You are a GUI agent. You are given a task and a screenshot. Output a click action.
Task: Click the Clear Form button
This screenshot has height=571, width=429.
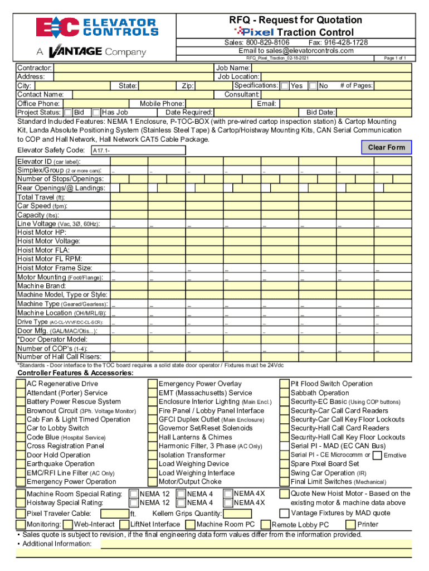387,147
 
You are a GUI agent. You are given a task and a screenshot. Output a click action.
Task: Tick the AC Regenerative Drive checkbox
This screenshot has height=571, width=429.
21,384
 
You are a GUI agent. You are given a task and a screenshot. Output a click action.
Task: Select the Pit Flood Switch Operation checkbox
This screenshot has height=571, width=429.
285,384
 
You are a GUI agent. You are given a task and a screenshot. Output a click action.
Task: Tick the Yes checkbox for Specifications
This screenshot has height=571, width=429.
285,86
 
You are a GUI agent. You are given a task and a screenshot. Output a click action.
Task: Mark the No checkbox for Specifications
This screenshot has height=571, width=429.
313,86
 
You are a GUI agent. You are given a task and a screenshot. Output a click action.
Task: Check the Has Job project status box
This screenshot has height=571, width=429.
96,113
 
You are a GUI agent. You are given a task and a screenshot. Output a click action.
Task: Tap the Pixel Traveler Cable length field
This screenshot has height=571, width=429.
115,514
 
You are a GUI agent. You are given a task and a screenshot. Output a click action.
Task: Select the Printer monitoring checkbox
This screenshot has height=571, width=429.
350,525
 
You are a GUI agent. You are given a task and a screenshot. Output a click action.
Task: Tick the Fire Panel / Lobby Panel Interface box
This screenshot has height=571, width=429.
152,411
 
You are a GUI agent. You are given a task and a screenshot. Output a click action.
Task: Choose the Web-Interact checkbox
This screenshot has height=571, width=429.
67,525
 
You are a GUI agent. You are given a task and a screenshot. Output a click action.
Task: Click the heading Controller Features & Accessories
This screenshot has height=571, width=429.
75,373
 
